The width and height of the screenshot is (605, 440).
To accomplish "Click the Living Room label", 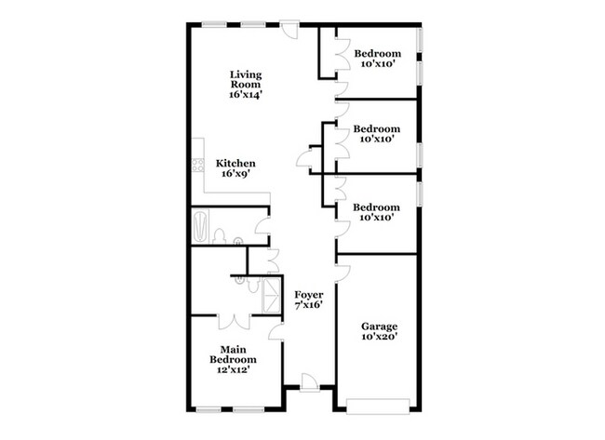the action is click(x=246, y=79).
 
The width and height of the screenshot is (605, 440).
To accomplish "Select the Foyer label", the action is click(x=309, y=295).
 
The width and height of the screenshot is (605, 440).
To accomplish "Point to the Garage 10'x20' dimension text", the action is click(x=379, y=337).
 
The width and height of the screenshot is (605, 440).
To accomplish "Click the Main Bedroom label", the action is click(x=233, y=354).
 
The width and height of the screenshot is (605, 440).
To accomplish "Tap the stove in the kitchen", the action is click(x=198, y=166).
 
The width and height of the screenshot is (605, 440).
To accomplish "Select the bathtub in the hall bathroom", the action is click(x=201, y=226).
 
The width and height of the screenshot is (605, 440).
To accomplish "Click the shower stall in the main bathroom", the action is click(x=271, y=296).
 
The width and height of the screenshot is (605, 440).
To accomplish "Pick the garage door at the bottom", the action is click(x=378, y=407).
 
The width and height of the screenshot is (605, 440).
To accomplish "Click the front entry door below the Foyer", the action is click(x=309, y=383).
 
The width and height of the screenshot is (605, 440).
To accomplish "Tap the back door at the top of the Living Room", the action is click(x=289, y=30).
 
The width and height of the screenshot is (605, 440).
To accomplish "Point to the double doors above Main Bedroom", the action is click(x=235, y=323).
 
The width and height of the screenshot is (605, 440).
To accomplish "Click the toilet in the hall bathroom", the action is click(x=219, y=236).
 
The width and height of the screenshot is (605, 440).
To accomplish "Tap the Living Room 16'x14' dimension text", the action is click(x=246, y=95).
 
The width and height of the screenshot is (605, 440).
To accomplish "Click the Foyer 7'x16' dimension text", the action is click(x=309, y=305).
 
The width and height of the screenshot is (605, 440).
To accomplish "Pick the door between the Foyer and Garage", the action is click(x=343, y=273).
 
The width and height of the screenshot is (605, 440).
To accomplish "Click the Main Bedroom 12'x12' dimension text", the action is click(x=233, y=369).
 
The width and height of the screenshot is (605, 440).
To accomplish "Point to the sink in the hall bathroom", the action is click(x=238, y=241).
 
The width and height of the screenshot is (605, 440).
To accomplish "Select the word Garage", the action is click(x=379, y=327).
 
